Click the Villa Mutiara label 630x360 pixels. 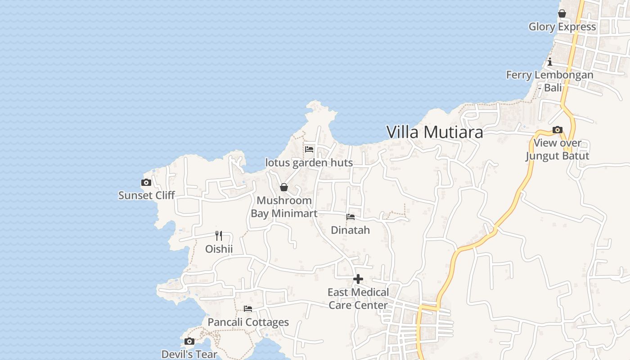435,132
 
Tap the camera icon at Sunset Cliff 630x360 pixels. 146,182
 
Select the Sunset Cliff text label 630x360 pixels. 146,195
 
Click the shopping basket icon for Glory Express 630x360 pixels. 562,14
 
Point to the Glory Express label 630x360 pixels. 562,27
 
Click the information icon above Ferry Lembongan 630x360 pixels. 549,62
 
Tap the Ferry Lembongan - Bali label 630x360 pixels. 549,81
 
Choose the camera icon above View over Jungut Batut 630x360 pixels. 557,130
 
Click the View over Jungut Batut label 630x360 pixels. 557,149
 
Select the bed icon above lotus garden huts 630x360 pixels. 309,149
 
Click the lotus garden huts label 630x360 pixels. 309,162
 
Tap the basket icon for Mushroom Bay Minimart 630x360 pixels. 284,187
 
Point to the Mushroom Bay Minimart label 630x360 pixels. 284,207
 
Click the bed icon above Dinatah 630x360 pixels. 350,217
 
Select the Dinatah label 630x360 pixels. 350,230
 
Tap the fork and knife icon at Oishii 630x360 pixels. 219,235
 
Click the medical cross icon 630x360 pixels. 358,279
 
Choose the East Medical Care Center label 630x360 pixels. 358,299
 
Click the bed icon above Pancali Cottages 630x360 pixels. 248,309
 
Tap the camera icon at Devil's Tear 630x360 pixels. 189,341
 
